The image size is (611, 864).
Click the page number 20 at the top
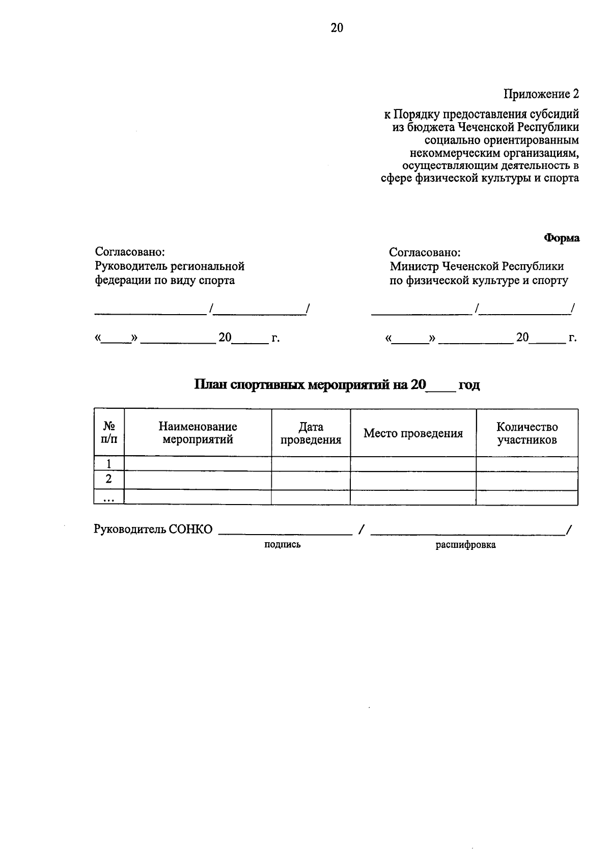click(x=337, y=28)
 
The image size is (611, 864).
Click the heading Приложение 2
click(x=541, y=94)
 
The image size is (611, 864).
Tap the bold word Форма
click(x=562, y=238)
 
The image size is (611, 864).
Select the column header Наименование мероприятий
click(x=198, y=433)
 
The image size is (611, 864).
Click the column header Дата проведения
click(x=311, y=433)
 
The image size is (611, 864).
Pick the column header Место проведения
click(x=413, y=433)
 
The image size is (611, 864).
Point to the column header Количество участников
click(x=527, y=433)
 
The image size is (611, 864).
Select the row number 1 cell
click(x=108, y=464)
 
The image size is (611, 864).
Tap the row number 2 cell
click(x=108, y=480)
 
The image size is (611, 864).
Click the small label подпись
click(x=282, y=545)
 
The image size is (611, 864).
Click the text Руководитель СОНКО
click(x=153, y=529)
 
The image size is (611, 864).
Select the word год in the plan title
click(x=469, y=385)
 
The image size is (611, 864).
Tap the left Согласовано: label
click(x=130, y=252)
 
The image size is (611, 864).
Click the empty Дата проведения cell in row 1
click(x=311, y=464)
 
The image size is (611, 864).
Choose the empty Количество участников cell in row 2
click(x=527, y=480)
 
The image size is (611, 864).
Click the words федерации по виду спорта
click(x=165, y=281)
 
